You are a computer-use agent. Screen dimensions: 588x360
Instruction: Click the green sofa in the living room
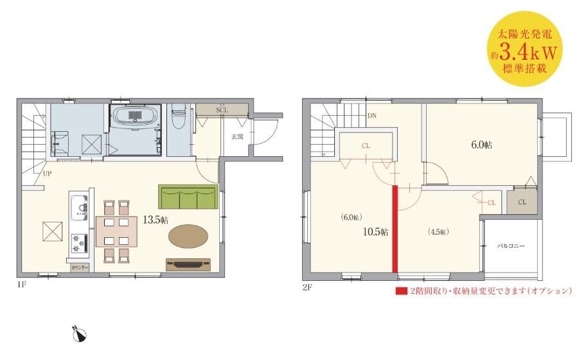tap(188, 197)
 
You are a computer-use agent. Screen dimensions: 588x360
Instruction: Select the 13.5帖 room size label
tap(156, 220)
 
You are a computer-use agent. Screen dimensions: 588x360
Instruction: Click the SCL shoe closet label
tap(222, 110)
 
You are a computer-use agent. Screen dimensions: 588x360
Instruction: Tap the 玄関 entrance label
tap(236, 136)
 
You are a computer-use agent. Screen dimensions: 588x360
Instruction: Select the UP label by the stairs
tap(47, 174)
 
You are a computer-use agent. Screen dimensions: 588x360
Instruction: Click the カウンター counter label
tap(80, 267)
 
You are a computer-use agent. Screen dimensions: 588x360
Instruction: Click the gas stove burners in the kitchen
tap(79, 243)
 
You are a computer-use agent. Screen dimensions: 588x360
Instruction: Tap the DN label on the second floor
tap(371, 116)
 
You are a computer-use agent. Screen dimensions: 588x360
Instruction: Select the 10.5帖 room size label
tap(375, 232)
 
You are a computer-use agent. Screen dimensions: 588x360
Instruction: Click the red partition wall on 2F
tap(395, 229)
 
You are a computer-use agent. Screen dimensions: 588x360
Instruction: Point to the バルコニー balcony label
tap(511, 246)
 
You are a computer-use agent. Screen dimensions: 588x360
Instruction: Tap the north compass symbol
tap(79, 334)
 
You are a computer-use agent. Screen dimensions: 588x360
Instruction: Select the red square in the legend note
tap(402, 291)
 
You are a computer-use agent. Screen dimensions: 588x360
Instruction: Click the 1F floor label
tap(21, 284)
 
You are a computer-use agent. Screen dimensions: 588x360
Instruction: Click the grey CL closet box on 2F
tap(522, 202)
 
